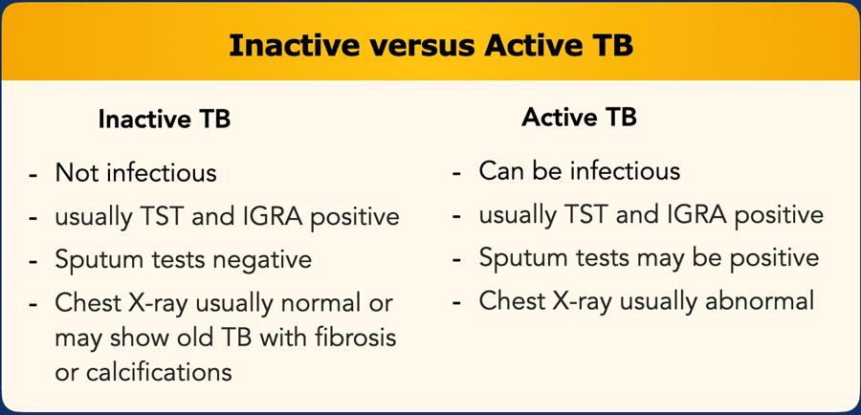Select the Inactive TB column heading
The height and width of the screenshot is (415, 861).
tap(165, 120)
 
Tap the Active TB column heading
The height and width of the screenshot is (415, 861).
tap(580, 117)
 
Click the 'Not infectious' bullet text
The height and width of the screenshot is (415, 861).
tap(136, 173)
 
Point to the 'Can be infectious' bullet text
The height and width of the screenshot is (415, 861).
tap(580, 171)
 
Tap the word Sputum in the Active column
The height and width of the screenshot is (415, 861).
tap(516, 259)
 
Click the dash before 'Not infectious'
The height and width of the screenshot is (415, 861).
tap(33, 176)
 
